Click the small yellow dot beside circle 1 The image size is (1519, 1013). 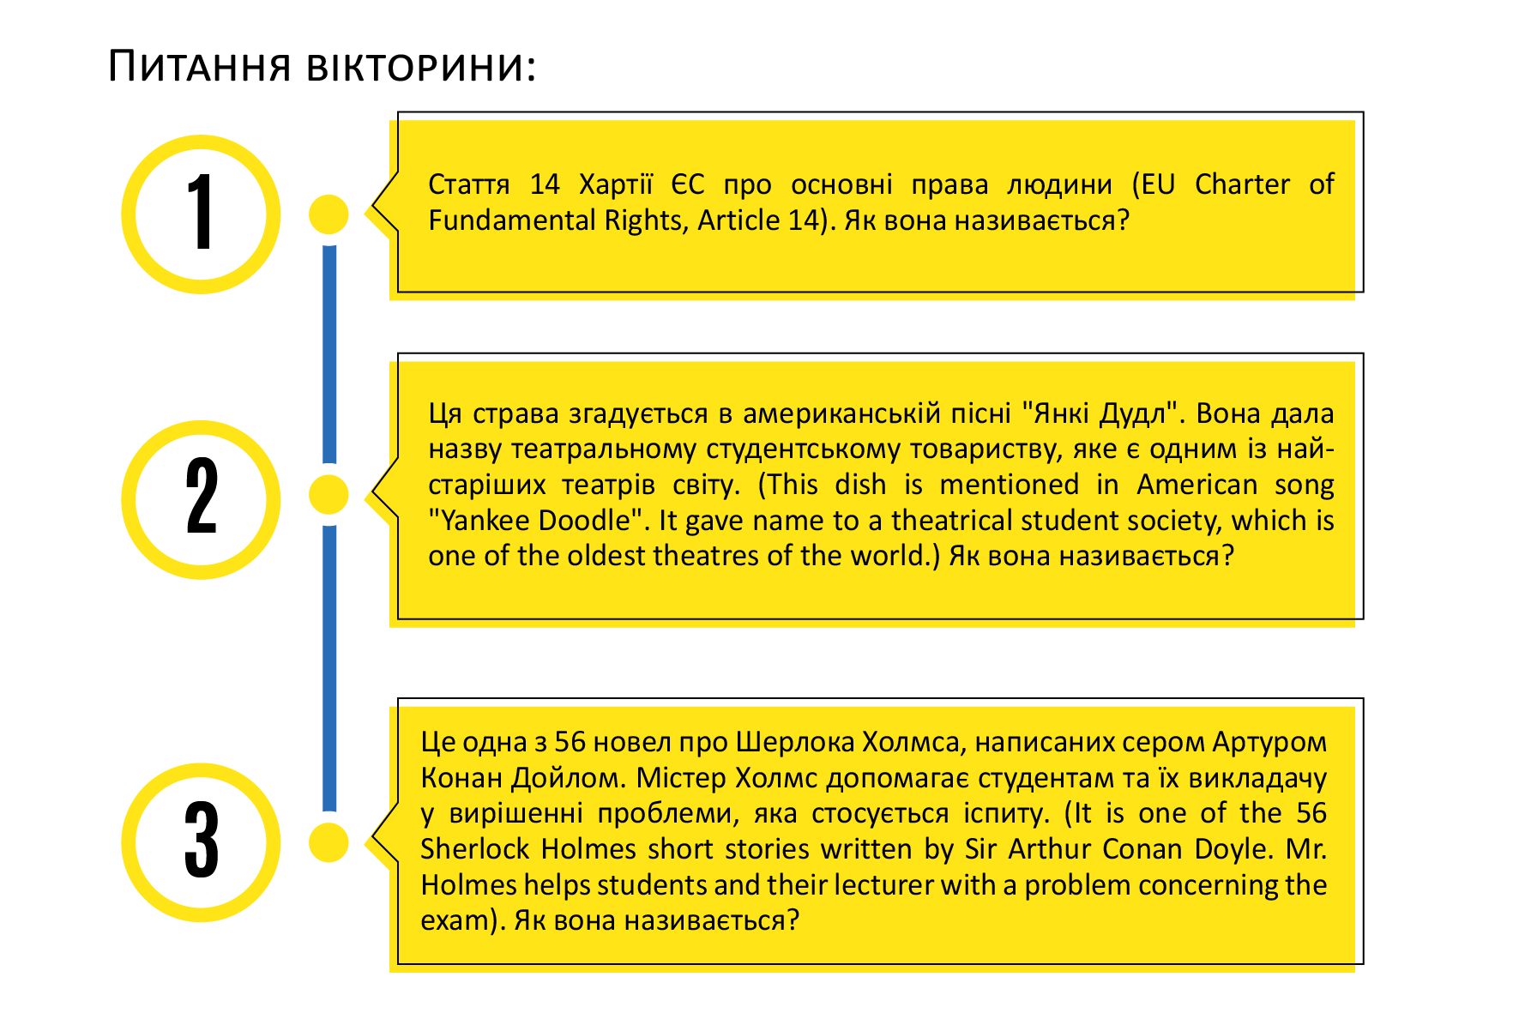click(x=329, y=214)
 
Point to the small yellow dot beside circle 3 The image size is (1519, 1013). click(x=329, y=842)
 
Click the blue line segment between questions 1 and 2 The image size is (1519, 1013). click(x=329, y=354)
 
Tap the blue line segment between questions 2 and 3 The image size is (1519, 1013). click(x=329, y=668)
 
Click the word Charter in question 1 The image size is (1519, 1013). click(x=1242, y=184)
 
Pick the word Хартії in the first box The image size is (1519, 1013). click(x=616, y=184)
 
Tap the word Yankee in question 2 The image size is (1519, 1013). click(x=486, y=521)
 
